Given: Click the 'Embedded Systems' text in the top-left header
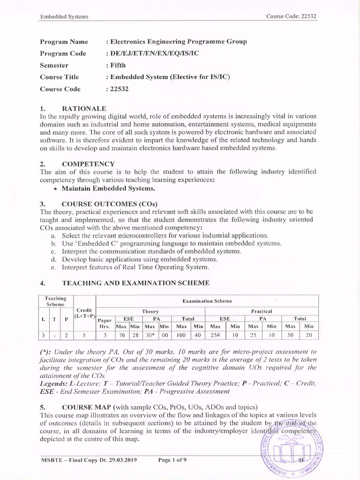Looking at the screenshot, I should [64, 17].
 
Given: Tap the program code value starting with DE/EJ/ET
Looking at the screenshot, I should [153, 53].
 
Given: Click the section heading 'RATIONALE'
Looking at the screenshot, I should [84, 109].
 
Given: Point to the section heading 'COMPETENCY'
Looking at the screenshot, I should [88, 164].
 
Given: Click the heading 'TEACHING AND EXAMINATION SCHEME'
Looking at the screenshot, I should [135, 283].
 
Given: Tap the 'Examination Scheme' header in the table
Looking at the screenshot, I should [207, 300].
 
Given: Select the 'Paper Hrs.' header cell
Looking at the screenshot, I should [105, 322].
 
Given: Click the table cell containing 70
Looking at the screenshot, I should [121, 335].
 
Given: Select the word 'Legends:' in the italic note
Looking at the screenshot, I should [55, 383].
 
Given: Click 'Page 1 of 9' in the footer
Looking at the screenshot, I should [172, 460].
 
